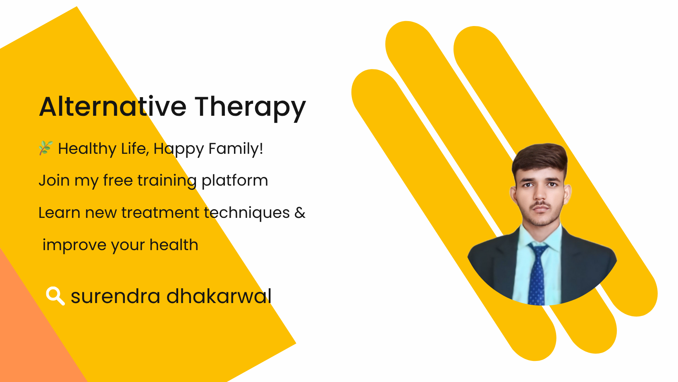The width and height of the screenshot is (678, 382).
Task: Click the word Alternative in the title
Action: [x=112, y=106]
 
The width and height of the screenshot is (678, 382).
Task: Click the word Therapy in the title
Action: [x=250, y=108]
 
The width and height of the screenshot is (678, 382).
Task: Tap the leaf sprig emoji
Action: [x=46, y=148]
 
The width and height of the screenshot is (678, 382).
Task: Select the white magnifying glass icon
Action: [x=55, y=296]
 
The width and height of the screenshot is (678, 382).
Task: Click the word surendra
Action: [x=115, y=296]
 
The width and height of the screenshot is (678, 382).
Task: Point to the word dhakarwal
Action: [x=219, y=296]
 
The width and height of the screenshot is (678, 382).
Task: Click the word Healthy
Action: [x=87, y=149]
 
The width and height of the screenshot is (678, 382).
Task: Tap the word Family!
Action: [x=236, y=149]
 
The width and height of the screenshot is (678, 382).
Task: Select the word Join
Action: [x=54, y=181]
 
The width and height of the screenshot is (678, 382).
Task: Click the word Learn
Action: [x=60, y=212]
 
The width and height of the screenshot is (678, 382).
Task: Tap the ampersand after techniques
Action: [x=300, y=212]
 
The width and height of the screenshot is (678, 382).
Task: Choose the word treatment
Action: [x=160, y=212]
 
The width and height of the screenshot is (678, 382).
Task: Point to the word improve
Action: [x=74, y=245]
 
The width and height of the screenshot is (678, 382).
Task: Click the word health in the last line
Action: [x=174, y=245]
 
